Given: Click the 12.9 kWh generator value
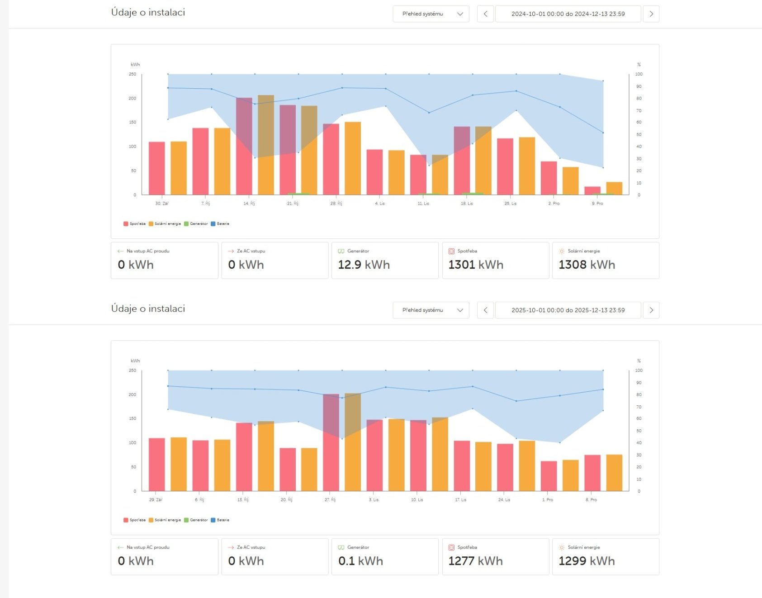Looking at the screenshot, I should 364,265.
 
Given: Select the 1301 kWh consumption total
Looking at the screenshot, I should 476,265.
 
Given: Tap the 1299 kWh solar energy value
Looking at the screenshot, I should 587,561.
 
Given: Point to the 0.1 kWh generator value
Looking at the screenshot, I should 360,561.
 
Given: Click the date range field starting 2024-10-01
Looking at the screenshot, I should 568,14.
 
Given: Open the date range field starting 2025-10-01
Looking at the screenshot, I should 568,310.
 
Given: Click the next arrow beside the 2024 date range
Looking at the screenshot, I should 651,14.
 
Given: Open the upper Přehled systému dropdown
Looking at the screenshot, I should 431,14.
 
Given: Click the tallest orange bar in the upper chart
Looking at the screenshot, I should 266,145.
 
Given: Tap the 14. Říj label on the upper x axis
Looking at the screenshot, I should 249,204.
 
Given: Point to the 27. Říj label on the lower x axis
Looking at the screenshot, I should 330,500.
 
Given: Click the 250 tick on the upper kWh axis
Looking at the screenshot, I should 132,74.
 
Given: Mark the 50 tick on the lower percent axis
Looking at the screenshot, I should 639,431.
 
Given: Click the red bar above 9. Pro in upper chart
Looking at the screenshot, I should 592,190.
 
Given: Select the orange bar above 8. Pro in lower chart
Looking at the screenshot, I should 614,473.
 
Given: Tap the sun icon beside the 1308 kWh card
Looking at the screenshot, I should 562,251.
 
